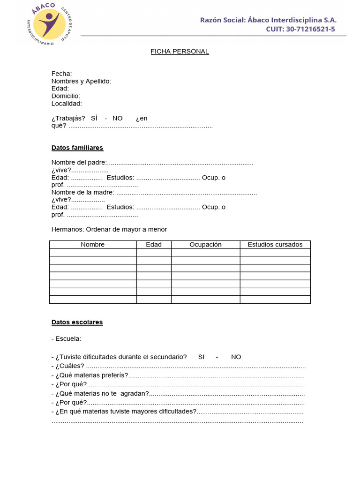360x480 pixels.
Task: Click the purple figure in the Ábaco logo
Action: [49, 24]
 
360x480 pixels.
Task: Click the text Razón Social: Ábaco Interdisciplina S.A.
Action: [268, 20]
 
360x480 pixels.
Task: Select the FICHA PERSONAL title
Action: [180, 52]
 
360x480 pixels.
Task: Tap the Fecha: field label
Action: [61, 74]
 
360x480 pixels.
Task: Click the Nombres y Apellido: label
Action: [81, 81]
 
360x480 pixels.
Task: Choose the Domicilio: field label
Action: [66, 96]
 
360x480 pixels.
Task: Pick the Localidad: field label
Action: [67, 104]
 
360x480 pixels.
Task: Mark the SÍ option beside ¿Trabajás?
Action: [94, 119]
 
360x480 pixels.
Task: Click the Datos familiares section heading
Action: [77, 148]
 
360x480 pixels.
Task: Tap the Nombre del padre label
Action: [79, 163]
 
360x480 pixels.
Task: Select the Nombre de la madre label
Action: [82, 192]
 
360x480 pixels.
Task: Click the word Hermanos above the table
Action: [67, 229]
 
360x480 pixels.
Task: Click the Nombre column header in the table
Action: [93, 245]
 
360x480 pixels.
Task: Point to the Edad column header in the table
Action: [154, 245]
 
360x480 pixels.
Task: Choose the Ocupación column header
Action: [205, 245]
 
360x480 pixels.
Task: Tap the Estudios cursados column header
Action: [275, 245]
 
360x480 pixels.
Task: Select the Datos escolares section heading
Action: [77, 322]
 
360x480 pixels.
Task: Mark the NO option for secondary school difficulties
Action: [236, 357]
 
